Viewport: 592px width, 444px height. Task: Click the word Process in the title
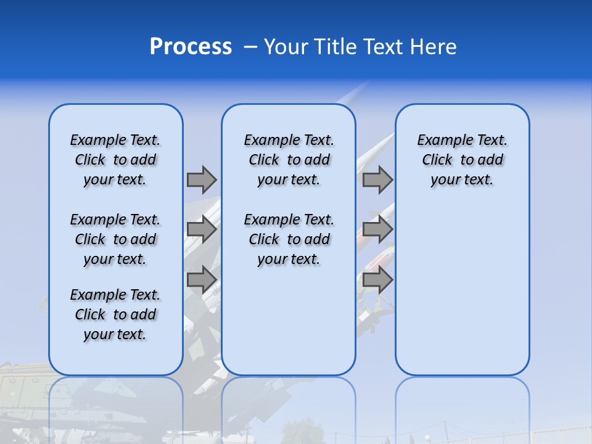click(191, 47)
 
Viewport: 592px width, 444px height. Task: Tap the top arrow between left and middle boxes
click(202, 179)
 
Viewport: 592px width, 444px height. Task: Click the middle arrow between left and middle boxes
click(202, 229)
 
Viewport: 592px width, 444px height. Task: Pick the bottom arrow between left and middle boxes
click(202, 279)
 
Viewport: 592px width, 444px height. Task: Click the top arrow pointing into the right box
click(377, 179)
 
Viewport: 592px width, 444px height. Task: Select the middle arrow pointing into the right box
click(377, 229)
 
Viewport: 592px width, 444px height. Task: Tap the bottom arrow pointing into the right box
click(377, 279)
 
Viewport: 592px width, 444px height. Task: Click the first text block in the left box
click(115, 160)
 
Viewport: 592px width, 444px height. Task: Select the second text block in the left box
click(115, 239)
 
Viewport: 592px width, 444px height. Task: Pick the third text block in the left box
click(115, 314)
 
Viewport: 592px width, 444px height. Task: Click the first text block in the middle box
click(289, 160)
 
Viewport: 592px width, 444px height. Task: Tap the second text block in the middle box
click(289, 239)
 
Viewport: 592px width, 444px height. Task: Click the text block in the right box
click(462, 160)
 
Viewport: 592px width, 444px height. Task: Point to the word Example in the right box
click(440, 141)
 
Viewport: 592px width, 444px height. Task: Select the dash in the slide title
click(250, 47)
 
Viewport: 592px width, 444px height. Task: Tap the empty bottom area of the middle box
click(289, 327)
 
